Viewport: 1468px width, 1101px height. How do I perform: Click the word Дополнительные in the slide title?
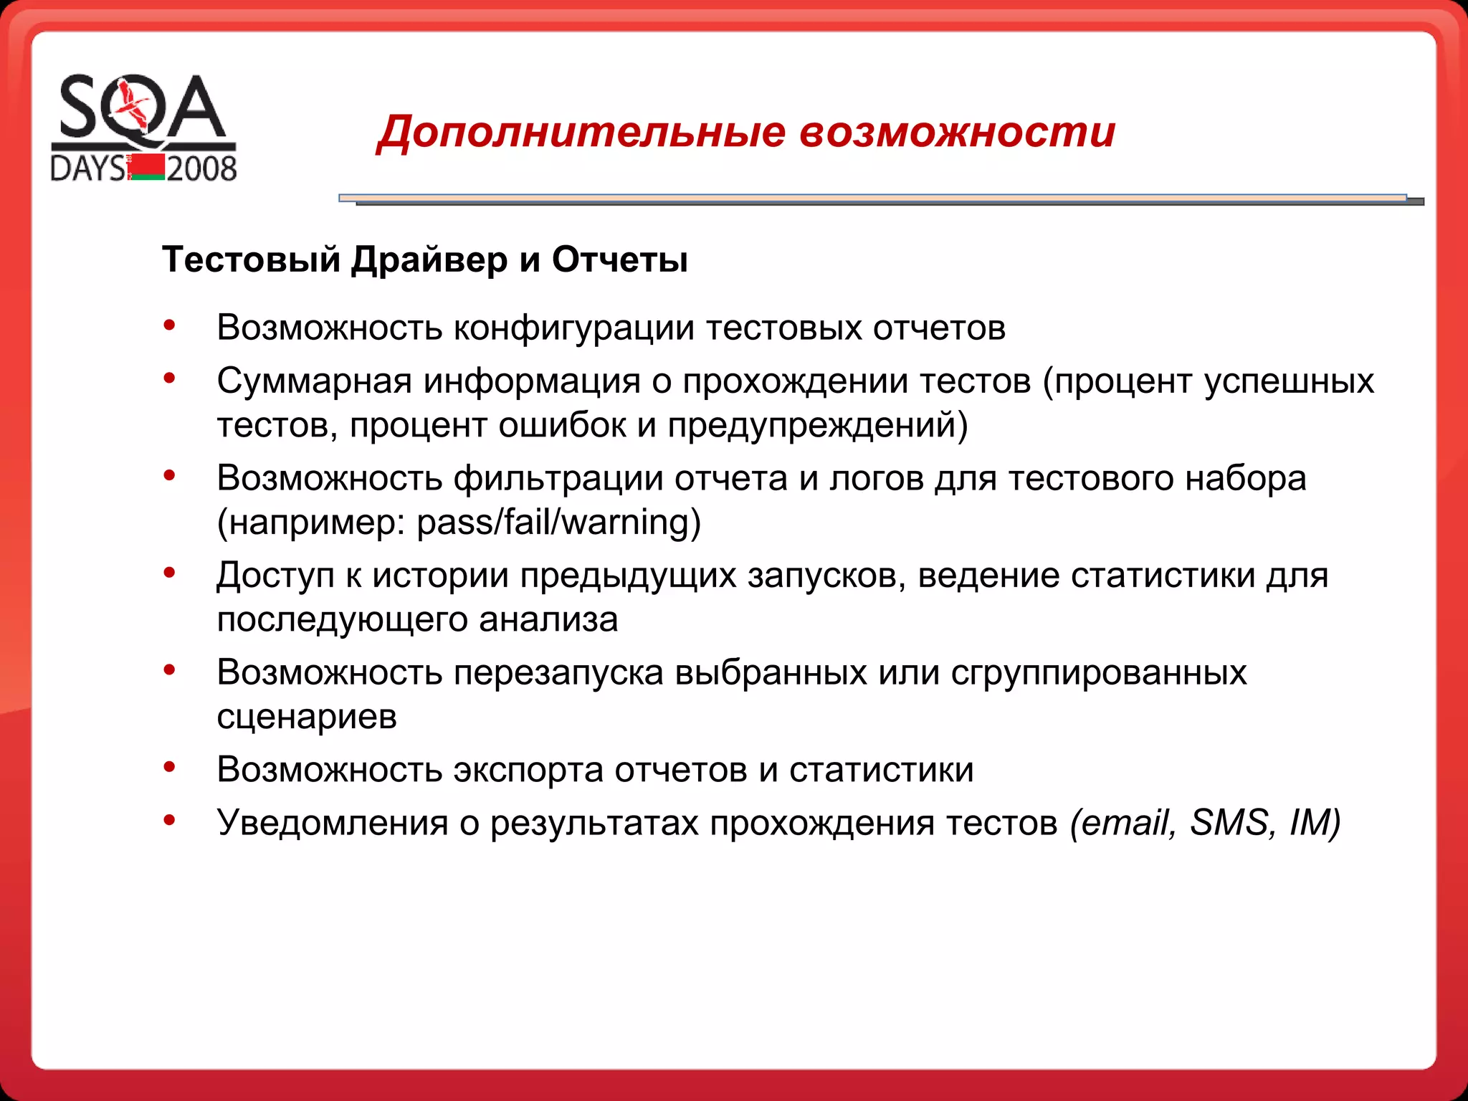582,133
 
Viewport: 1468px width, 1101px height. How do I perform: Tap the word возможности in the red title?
958,133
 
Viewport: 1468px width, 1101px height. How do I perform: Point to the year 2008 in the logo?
201,169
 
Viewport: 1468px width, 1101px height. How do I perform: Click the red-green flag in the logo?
148,167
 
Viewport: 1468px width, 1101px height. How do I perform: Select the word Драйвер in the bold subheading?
429,259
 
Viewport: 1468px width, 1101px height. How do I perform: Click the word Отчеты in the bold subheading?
620,259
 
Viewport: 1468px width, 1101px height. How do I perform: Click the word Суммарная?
315,381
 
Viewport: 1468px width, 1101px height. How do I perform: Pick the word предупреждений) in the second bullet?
818,425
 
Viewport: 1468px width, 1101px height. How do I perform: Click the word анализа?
548,619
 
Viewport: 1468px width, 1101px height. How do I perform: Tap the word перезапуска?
558,672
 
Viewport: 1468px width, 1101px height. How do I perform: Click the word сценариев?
307,716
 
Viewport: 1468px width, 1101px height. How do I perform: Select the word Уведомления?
333,823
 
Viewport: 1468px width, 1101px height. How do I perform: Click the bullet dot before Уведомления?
169,819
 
